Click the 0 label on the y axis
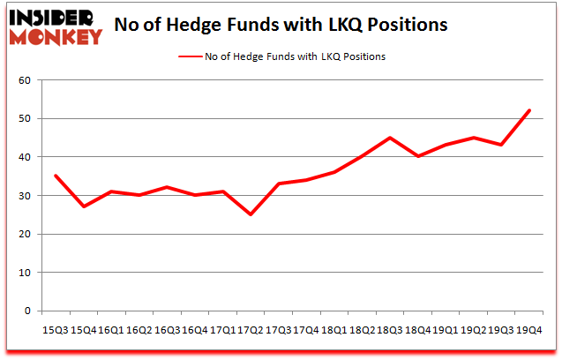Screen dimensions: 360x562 tap(26, 311)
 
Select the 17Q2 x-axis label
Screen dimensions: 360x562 tap(251, 330)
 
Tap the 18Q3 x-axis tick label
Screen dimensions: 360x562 tap(389, 330)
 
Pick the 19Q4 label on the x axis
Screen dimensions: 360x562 tap(528, 330)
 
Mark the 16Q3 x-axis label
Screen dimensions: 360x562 tap(167, 330)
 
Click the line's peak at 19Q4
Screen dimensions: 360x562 tap(528, 110)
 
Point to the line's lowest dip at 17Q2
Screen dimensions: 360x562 tap(251, 214)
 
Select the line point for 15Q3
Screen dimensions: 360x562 tap(56, 176)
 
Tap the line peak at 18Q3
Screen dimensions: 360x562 tap(389, 138)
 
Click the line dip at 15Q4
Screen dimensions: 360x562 tap(84, 206)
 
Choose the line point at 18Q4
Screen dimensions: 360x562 tap(417, 156)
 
